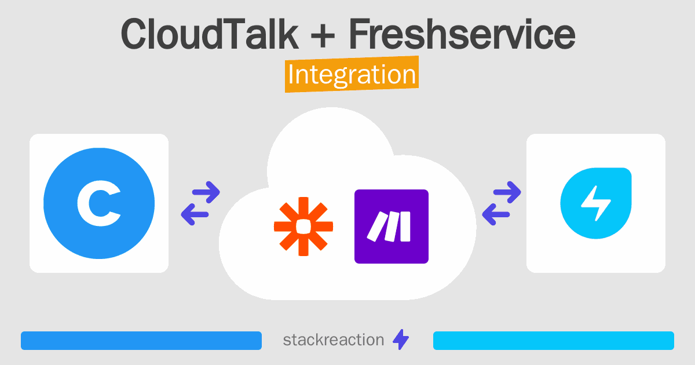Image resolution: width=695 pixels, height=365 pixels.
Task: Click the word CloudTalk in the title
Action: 210,34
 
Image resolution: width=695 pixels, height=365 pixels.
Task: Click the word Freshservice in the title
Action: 462,34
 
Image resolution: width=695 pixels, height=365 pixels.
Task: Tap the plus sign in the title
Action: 323,36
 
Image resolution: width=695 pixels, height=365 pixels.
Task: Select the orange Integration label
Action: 352,74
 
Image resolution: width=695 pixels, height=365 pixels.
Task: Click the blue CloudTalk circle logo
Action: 99,203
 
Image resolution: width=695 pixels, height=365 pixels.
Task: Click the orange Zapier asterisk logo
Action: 303,227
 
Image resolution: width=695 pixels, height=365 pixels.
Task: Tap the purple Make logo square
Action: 392,227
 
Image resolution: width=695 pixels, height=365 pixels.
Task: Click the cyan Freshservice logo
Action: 596,203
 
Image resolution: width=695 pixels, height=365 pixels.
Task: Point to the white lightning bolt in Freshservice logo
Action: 596,203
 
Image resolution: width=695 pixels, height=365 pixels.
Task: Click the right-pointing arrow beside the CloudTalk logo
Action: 206,192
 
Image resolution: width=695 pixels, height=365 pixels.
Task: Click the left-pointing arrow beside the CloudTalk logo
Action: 195,214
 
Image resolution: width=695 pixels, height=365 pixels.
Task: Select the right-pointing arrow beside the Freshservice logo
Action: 507,192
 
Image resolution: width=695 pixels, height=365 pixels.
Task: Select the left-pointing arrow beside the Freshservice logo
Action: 496,214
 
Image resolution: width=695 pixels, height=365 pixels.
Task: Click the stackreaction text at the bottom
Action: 334,340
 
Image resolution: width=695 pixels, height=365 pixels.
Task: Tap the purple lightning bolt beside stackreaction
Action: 401,340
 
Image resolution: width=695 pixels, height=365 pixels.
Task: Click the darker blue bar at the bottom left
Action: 141,341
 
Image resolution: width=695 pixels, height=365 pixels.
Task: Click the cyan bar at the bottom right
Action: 554,341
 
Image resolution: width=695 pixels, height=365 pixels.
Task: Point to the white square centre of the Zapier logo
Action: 303,227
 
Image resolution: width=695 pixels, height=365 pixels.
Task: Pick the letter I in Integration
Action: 291,75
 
